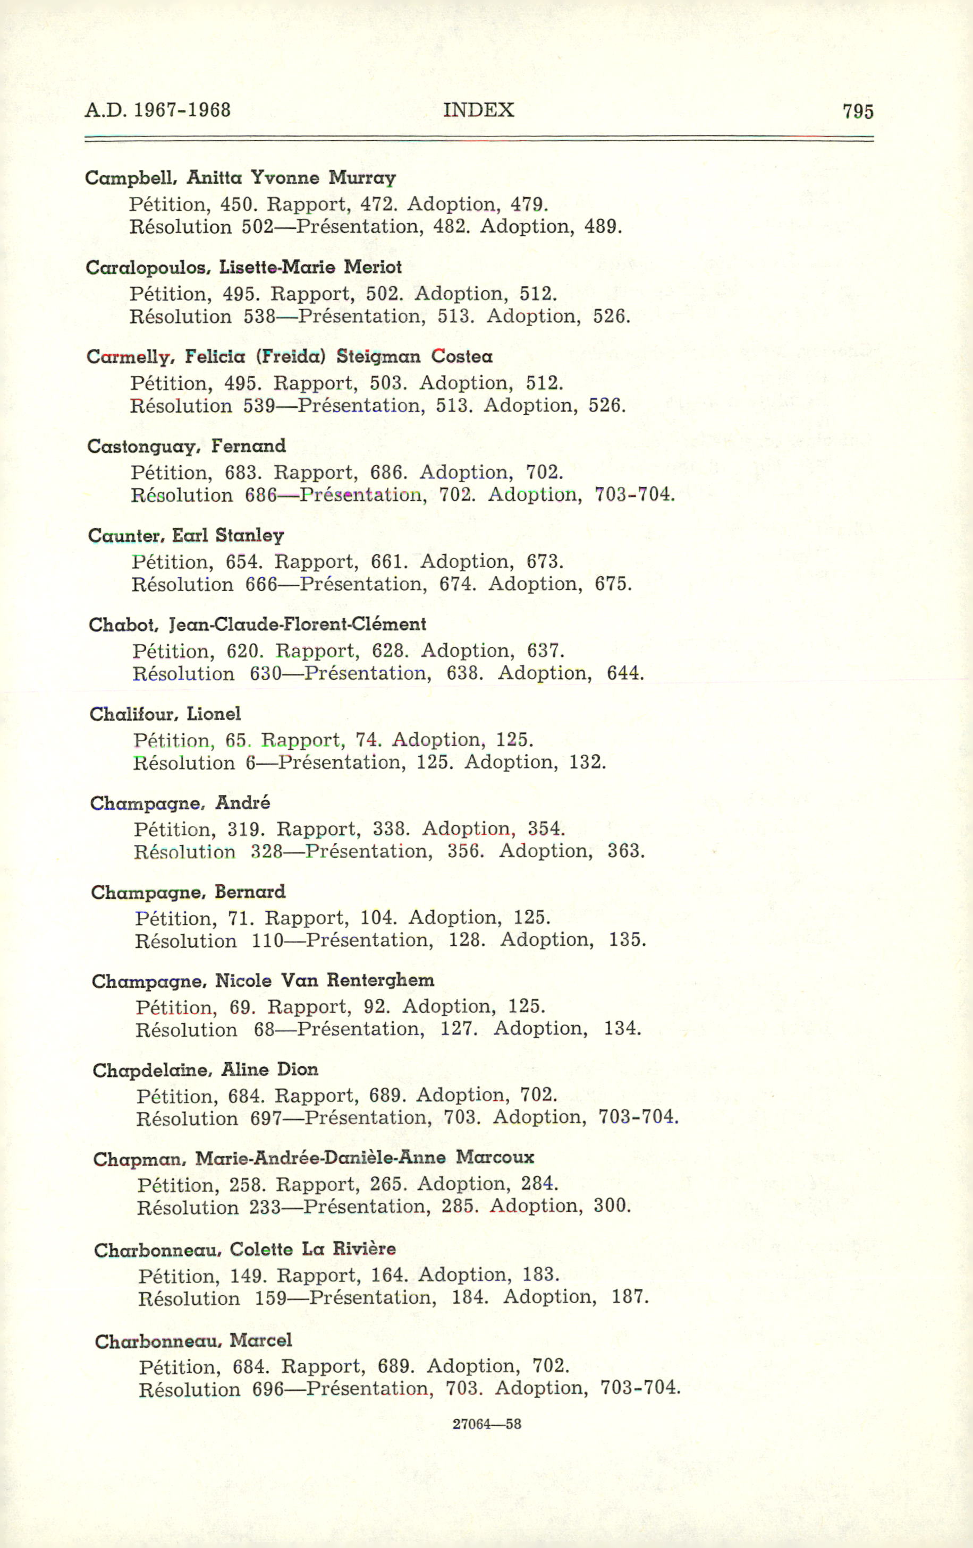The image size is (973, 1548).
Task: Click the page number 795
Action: (858, 112)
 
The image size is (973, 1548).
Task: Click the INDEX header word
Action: (478, 110)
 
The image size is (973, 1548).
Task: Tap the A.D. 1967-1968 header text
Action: (157, 110)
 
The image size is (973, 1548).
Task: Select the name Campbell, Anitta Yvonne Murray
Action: (241, 178)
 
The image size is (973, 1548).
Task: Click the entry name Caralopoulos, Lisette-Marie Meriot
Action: (244, 268)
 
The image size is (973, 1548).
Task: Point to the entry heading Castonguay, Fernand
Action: (187, 446)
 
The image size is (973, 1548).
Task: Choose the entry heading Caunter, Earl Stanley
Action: (186, 535)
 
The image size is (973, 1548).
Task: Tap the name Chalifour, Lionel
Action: (165, 714)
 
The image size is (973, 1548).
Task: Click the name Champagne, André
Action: (180, 803)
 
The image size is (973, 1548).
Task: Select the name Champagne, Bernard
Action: (188, 892)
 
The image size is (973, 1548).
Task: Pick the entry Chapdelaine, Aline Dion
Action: (205, 1070)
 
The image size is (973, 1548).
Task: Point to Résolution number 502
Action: (258, 227)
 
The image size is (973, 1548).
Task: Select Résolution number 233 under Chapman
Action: (266, 1207)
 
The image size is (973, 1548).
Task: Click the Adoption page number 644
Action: (624, 674)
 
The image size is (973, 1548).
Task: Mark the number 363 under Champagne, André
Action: (626, 851)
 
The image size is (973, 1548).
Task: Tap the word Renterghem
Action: (380, 980)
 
